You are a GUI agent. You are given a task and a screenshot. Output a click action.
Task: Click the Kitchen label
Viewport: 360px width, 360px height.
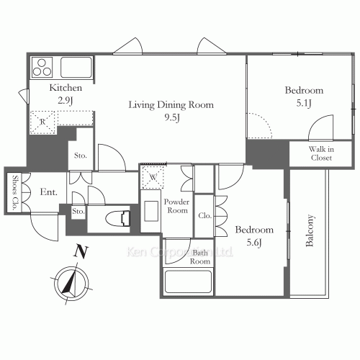[x=66, y=88]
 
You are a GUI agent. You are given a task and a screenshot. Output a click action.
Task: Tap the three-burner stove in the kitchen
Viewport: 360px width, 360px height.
[x=42, y=67]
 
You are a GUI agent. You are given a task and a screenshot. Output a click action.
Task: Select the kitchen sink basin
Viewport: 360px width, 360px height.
[x=76, y=67]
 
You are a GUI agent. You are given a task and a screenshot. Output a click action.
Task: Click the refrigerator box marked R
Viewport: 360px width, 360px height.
[x=42, y=122]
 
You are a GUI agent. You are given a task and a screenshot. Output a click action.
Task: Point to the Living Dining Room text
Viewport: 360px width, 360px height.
[x=171, y=105]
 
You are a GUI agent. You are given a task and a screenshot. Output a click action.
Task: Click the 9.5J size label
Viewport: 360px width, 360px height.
[x=172, y=117]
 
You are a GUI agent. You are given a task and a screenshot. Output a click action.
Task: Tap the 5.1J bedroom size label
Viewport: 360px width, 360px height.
[x=304, y=103]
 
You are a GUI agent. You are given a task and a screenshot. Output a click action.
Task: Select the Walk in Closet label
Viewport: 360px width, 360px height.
[x=321, y=153]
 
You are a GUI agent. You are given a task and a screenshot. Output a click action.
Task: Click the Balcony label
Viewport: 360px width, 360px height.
[x=310, y=230]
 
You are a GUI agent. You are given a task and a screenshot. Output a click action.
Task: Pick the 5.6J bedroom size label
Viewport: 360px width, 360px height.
[x=254, y=243]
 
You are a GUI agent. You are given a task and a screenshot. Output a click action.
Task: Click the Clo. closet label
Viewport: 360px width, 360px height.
[x=204, y=216]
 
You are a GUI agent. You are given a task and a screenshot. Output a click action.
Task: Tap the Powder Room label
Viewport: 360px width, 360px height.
[x=176, y=206]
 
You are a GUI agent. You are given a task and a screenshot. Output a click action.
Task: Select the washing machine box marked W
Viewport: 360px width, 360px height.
[x=153, y=177]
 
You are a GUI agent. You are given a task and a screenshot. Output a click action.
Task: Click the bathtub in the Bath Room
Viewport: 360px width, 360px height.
[x=188, y=282]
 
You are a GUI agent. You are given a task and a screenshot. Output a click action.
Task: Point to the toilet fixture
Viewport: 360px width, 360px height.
[x=118, y=218]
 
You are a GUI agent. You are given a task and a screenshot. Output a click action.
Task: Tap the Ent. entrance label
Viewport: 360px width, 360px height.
[x=48, y=192]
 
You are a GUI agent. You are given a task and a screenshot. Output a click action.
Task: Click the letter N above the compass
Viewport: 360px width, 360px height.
[x=81, y=251]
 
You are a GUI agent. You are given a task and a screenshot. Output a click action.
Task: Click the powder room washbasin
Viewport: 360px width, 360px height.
[x=151, y=211]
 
